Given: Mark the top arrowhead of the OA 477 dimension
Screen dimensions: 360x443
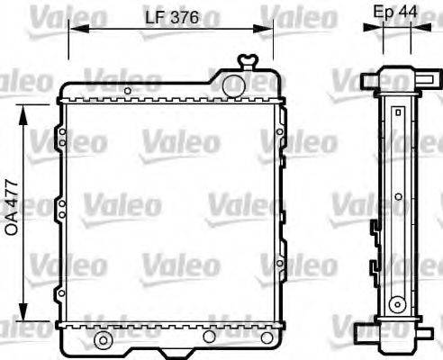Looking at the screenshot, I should (24, 107).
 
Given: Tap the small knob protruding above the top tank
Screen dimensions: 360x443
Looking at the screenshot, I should (247, 61).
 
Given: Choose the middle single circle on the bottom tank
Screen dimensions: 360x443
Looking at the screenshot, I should (209, 337).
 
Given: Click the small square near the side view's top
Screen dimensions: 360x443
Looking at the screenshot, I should (397, 112).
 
